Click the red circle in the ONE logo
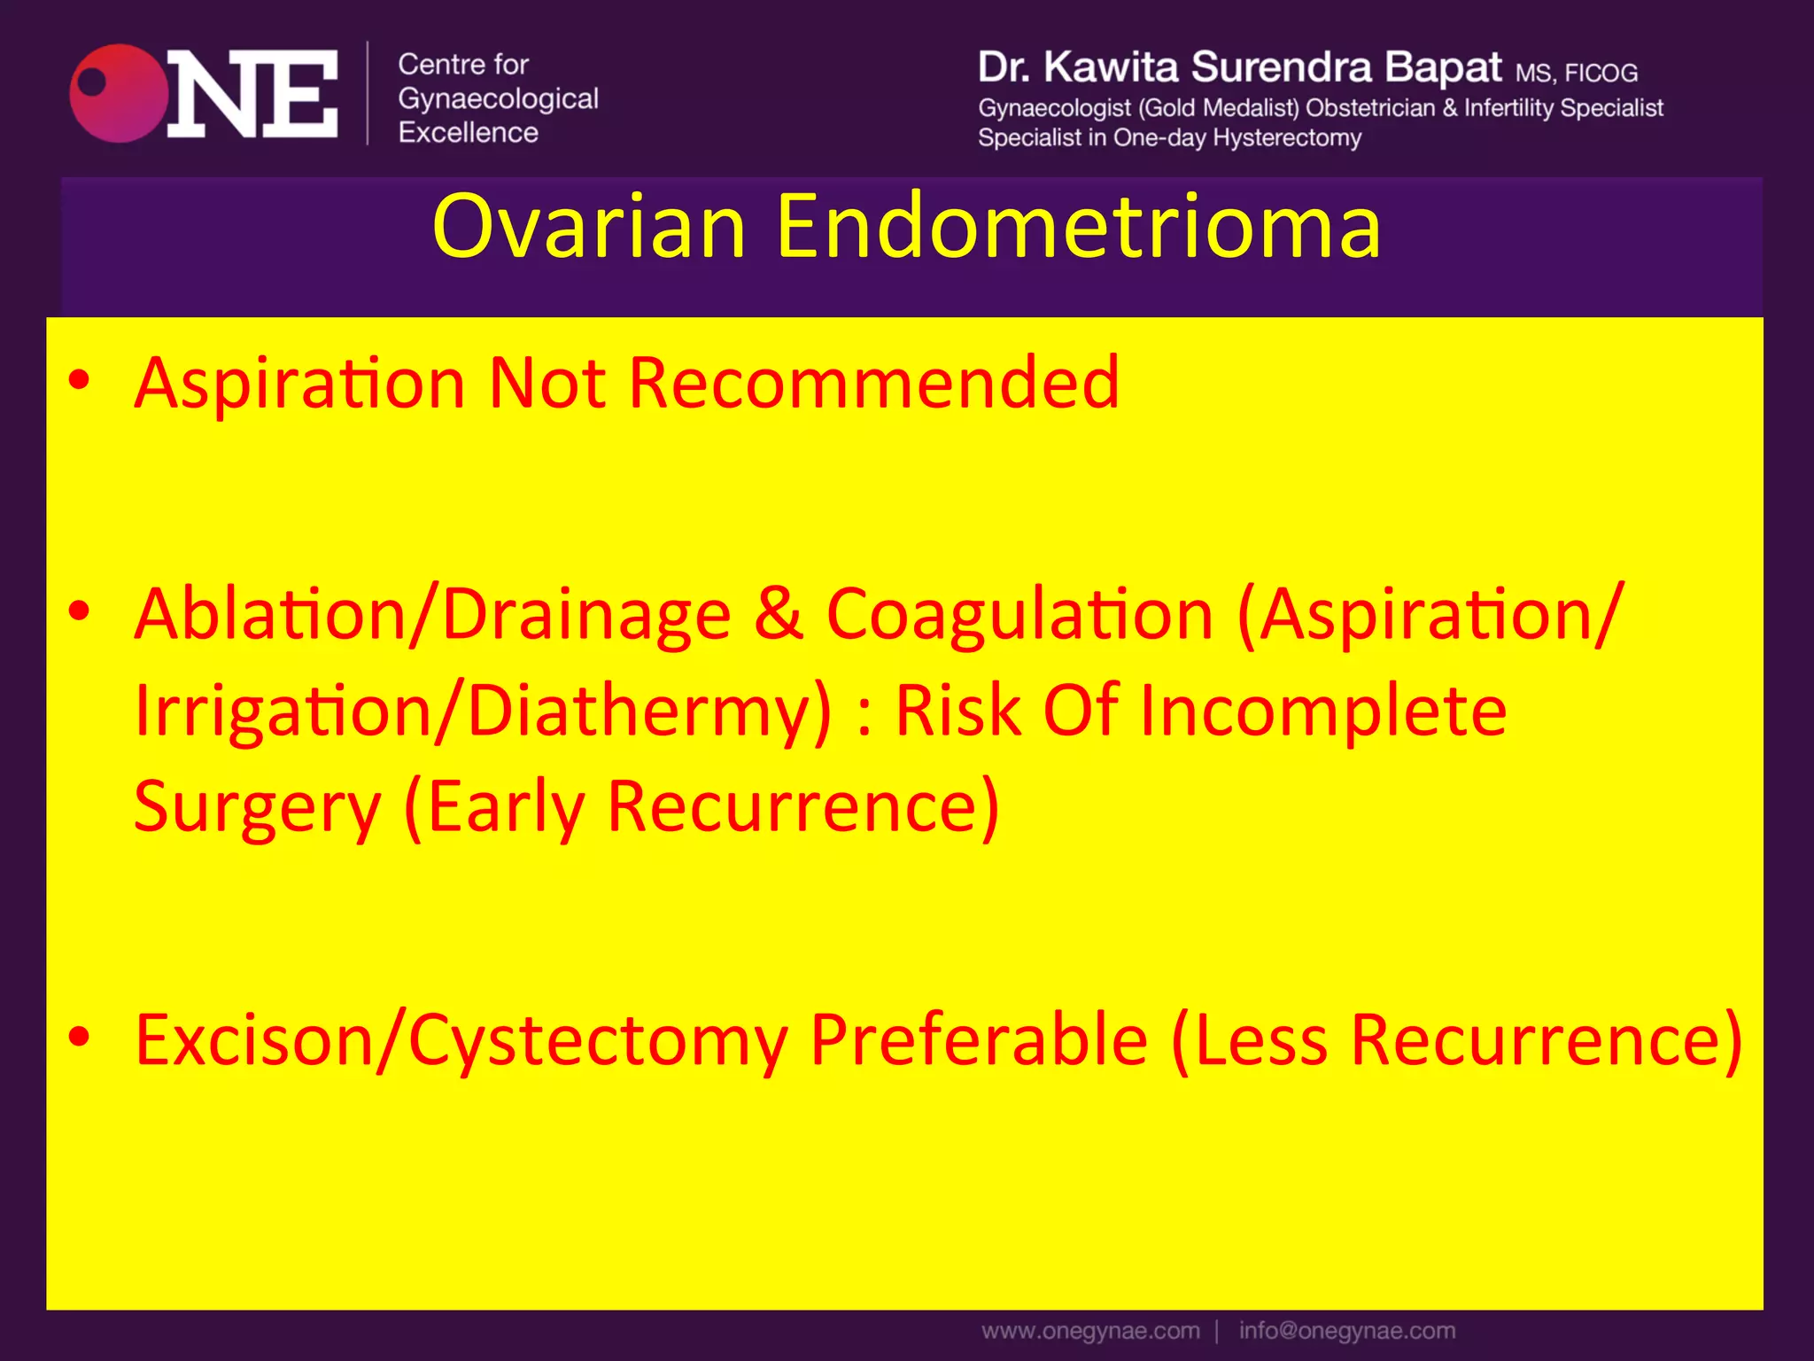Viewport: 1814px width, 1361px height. point(119,93)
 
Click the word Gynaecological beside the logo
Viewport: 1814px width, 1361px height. point(498,98)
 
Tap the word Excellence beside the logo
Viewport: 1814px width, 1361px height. point(468,133)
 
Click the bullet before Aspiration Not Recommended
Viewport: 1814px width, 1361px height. point(79,380)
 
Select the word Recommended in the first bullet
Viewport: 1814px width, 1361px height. point(873,383)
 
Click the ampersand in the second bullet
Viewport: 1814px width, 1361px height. point(779,613)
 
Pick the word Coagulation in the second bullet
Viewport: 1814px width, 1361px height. point(1019,615)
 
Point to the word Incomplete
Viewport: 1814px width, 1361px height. point(1322,712)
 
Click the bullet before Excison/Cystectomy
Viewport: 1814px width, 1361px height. point(79,1036)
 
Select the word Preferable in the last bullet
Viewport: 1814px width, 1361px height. point(979,1039)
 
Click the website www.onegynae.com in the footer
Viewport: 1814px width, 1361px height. point(1090,1331)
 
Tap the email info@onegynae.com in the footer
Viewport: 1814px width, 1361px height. point(1346,1331)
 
